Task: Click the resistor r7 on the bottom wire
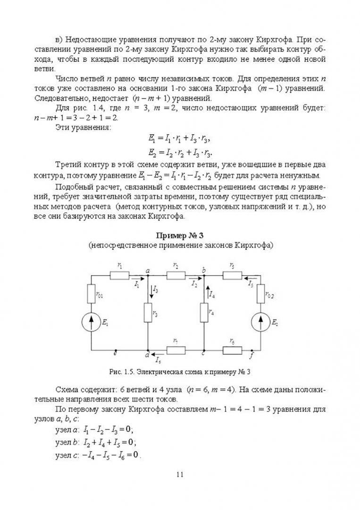[176, 350]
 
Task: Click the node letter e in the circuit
[116, 353]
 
